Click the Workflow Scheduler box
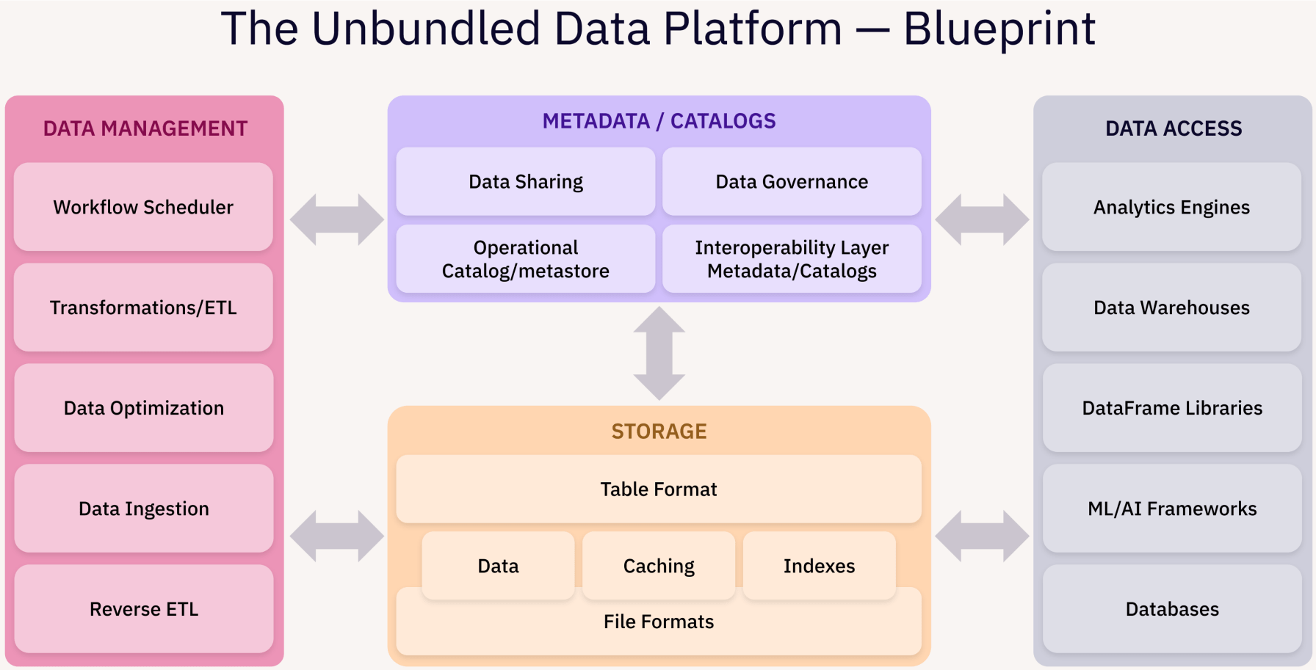click(143, 207)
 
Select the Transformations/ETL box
click(143, 307)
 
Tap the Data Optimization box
click(143, 408)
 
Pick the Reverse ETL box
click(143, 609)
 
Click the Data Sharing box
click(526, 181)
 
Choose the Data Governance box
click(792, 181)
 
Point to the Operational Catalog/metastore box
click(526, 259)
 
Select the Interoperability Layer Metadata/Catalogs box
click(792, 259)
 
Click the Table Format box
click(659, 489)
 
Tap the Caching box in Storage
click(659, 566)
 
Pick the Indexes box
click(820, 566)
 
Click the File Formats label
click(659, 622)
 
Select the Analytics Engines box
click(1172, 207)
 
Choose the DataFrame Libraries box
click(1172, 408)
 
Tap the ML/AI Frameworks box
click(1172, 509)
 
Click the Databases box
click(1172, 609)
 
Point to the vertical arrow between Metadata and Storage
click(659, 354)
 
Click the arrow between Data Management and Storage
click(337, 536)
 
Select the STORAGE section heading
click(659, 432)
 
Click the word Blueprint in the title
click(999, 29)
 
